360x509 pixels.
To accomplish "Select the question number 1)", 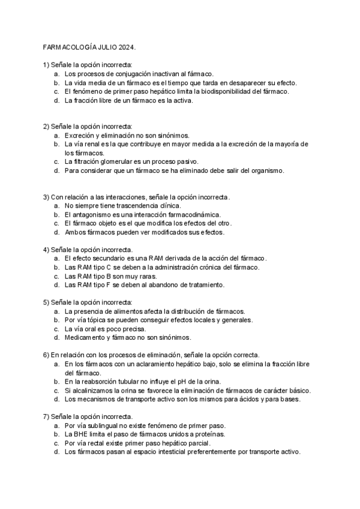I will (46, 64).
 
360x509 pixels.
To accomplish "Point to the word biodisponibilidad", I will (226, 91).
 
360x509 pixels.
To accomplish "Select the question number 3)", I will (46, 197).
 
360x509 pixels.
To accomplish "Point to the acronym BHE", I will (81, 434).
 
